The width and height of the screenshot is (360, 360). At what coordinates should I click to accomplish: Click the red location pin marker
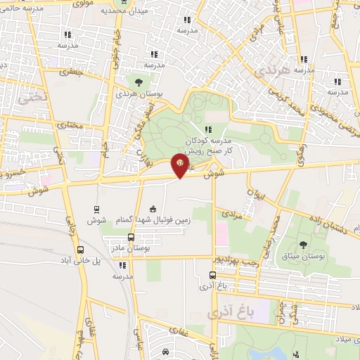pos(179,166)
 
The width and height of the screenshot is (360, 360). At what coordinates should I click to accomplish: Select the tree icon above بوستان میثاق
pos(303,245)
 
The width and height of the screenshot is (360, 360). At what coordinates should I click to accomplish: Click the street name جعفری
pos(73,72)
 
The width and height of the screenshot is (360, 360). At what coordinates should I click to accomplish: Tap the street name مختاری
pos(70,125)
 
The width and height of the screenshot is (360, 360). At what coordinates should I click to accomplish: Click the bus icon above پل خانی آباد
pos(81,249)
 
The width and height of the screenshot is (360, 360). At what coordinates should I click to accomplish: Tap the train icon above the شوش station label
pos(96,209)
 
